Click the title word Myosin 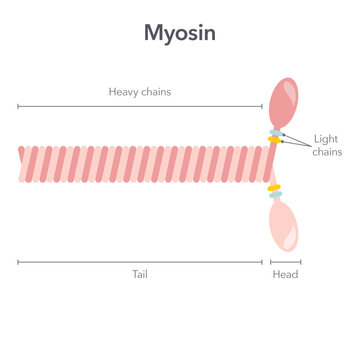point(180,33)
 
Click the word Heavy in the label point(124,92)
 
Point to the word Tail point(141,273)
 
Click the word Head point(285,273)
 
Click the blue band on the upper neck point(274,132)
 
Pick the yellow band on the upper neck point(273,140)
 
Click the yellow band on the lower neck point(272,187)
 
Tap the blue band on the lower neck point(274,195)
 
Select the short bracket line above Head point(285,262)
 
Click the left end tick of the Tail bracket point(19,262)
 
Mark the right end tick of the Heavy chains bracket point(262,104)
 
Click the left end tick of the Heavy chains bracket point(19,104)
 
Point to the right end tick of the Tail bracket point(262,262)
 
